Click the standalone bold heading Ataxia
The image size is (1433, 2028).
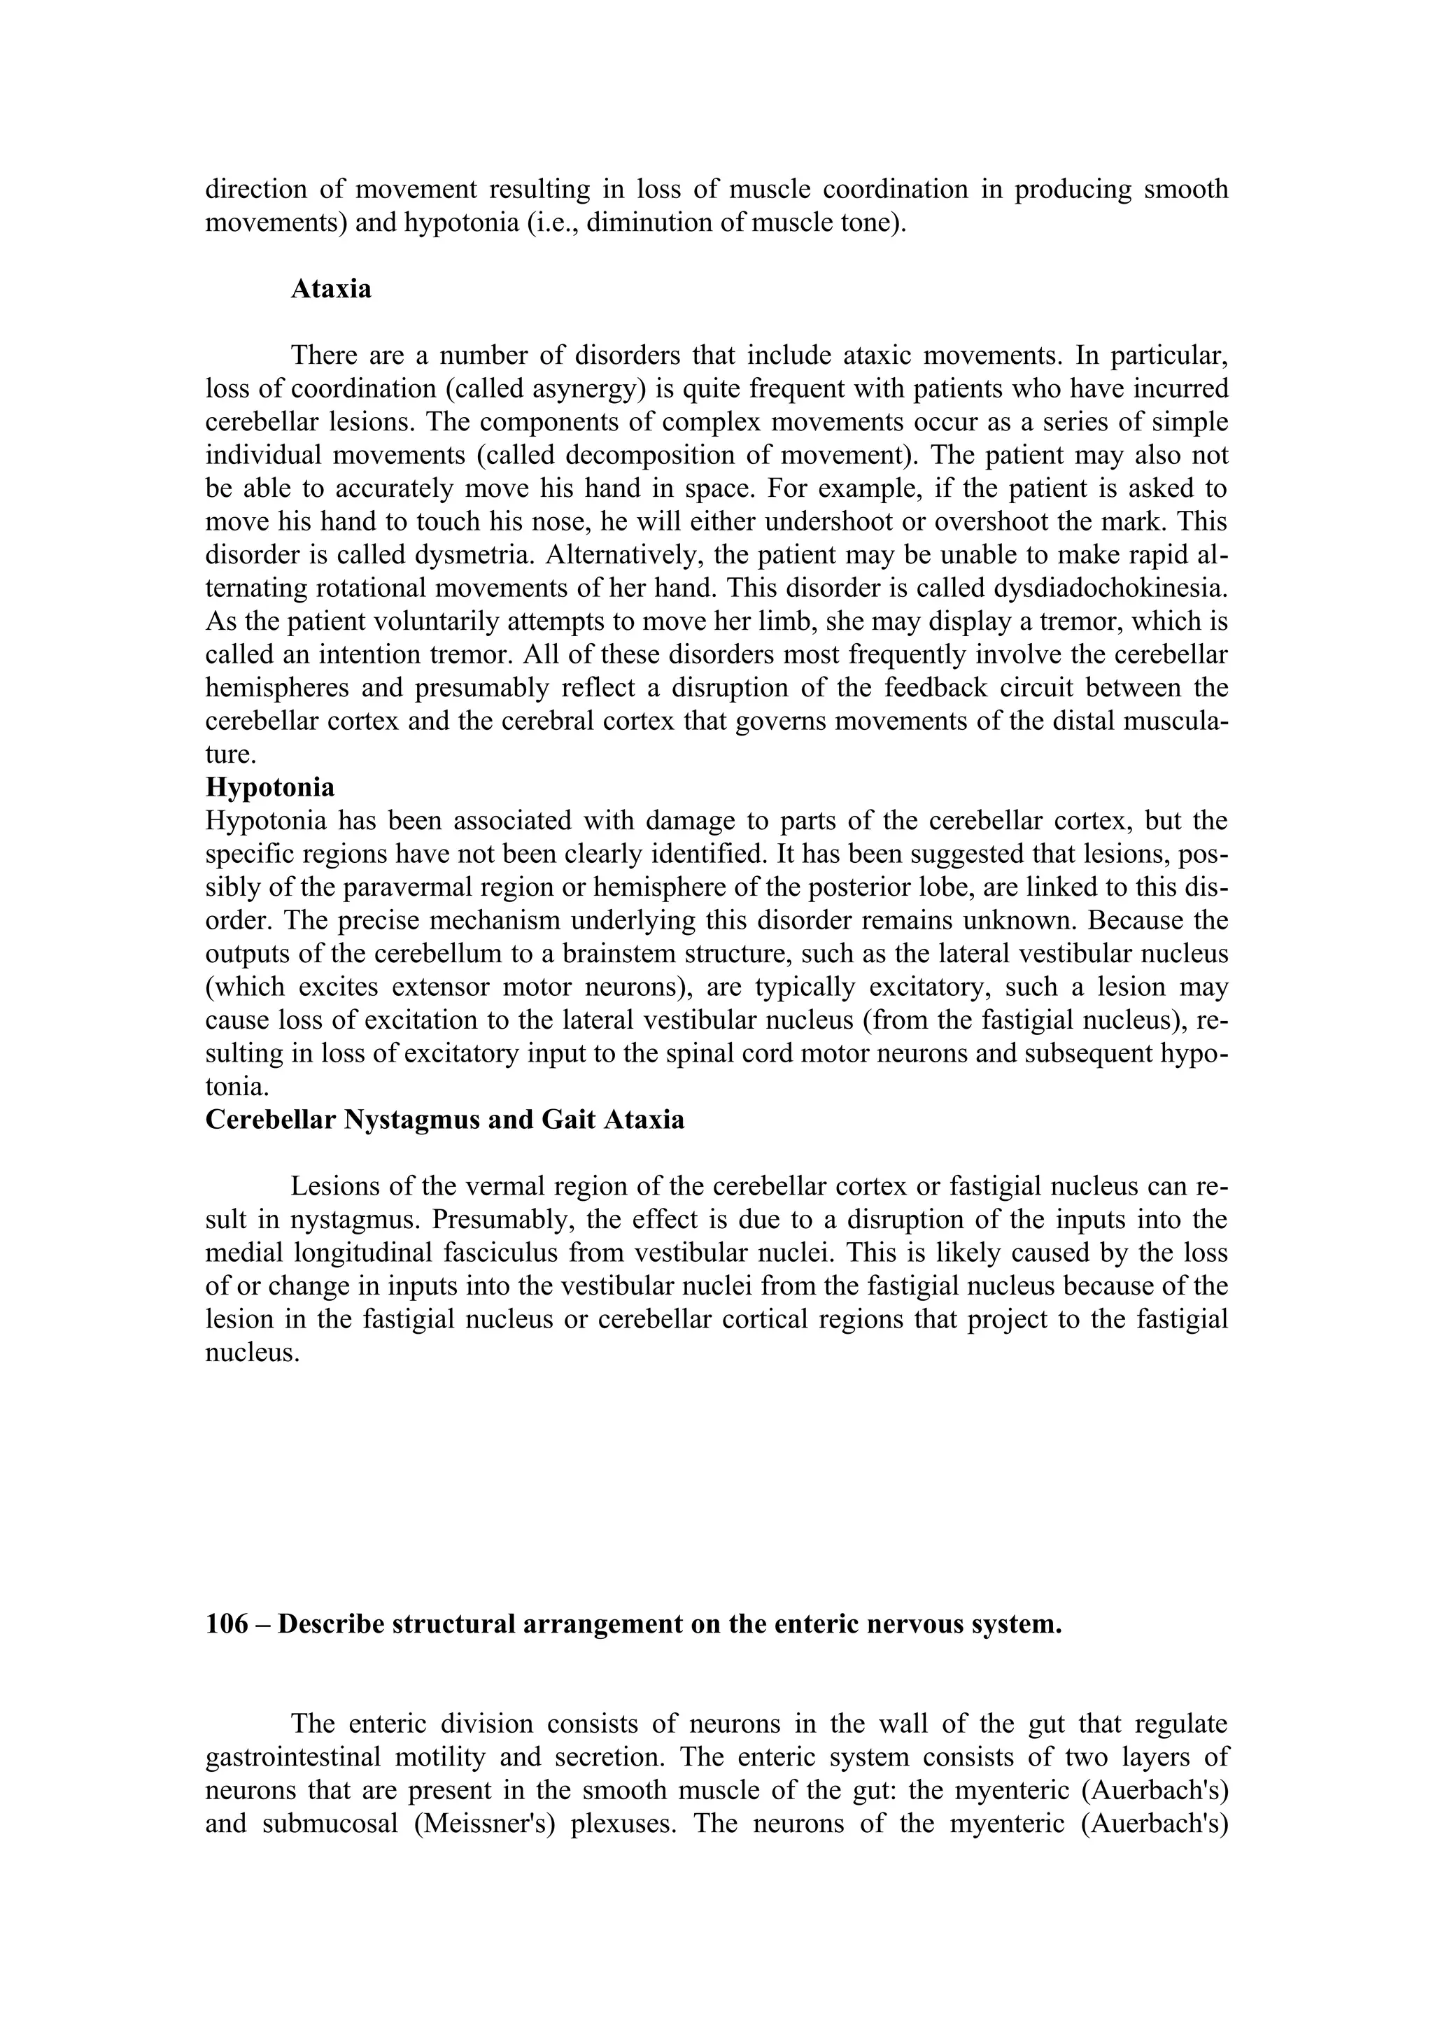(x=331, y=289)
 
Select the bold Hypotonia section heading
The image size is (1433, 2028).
(x=269, y=787)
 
